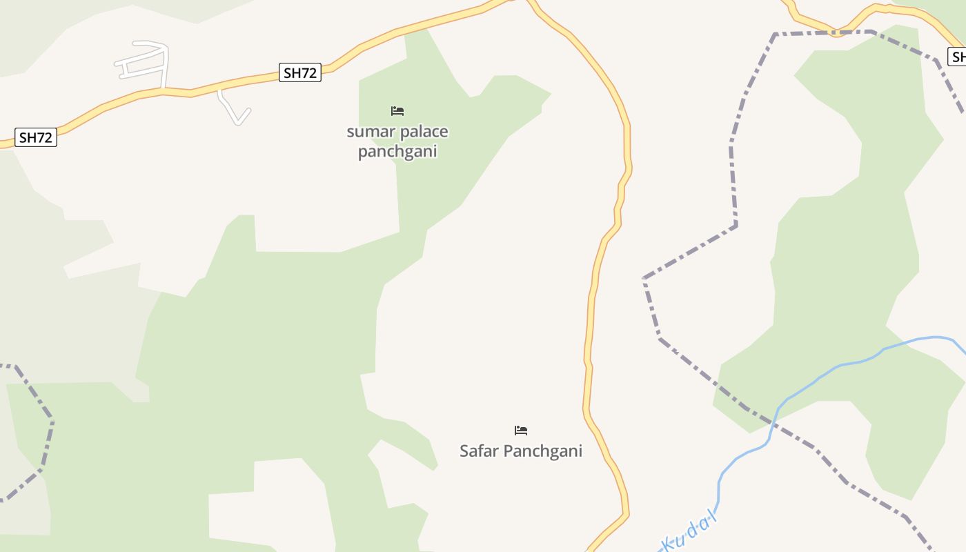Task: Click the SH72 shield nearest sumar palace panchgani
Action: click(x=300, y=72)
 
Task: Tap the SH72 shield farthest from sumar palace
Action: click(x=35, y=137)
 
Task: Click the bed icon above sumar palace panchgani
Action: click(x=397, y=111)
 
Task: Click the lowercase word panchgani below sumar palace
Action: click(x=397, y=152)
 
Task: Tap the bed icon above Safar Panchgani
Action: click(x=521, y=431)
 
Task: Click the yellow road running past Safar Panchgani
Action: click(x=589, y=386)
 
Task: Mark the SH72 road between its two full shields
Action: click(x=166, y=92)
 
